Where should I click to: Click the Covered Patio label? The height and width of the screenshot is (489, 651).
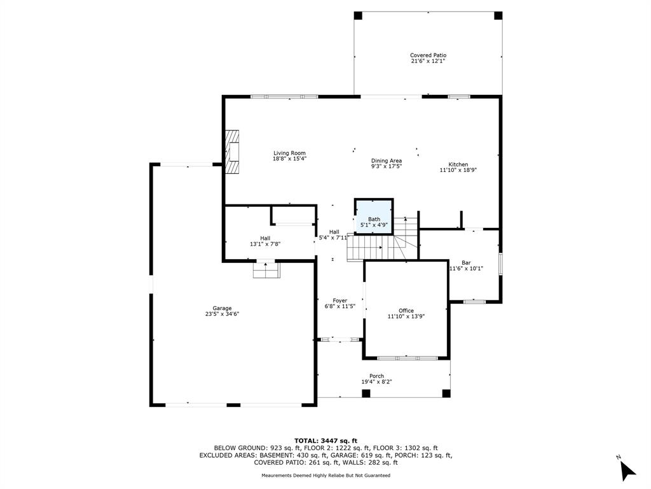pyautogui.click(x=428, y=55)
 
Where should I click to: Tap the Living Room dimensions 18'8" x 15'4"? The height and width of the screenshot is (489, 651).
pyautogui.click(x=289, y=159)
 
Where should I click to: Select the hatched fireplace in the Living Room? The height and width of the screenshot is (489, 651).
pyautogui.click(x=232, y=152)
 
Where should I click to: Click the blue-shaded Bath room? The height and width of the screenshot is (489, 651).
pyautogui.click(x=374, y=216)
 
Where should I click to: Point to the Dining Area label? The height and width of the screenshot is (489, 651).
pyautogui.click(x=386, y=160)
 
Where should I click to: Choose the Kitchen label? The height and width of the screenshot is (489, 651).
pyautogui.click(x=458, y=164)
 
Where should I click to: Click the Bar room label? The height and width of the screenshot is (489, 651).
pyautogui.click(x=466, y=263)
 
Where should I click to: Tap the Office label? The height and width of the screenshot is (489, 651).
pyautogui.click(x=406, y=311)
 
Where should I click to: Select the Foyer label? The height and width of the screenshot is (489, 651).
pyautogui.click(x=339, y=301)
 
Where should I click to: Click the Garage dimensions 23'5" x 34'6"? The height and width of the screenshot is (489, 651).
pyautogui.click(x=222, y=314)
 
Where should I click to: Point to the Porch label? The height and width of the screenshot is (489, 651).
pyautogui.click(x=376, y=376)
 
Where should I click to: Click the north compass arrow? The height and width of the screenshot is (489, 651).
pyautogui.click(x=627, y=471)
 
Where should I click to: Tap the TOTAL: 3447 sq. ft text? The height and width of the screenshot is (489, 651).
pyautogui.click(x=325, y=441)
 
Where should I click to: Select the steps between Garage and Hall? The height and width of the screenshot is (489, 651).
pyautogui.click(x=266, y=270)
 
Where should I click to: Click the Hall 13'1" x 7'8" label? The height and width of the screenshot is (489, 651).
pyautogui.click(x=265, y=241)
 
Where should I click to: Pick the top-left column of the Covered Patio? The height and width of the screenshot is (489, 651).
pyautogui.click(x=358, y=15)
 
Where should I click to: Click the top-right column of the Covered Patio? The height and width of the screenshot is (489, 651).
pyautogui.click(x=498, y=15)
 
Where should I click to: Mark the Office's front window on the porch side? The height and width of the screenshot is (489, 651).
pyautogui.click(x=408, y=358)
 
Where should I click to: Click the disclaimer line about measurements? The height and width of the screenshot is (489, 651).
pyautogui.click(x=325, y=475)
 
